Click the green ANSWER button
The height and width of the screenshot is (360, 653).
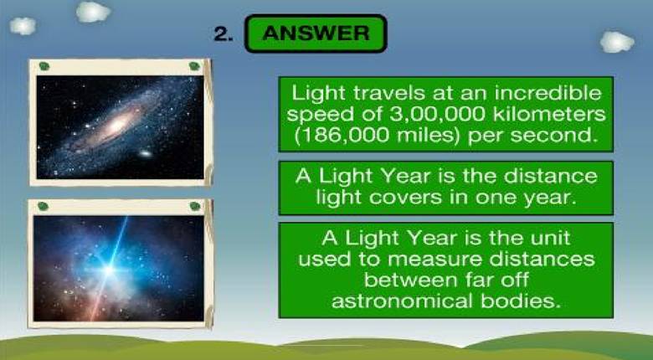click(x=316, y=33)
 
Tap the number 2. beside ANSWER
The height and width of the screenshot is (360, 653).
click(x=224, y=33)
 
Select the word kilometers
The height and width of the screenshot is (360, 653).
click(x=549, y=114)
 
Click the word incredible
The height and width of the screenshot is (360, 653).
click(x=548, y=92)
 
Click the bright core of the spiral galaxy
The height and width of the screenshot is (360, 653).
click(x=118, y=124)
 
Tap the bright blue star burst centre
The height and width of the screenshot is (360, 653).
click(x=110, y=270)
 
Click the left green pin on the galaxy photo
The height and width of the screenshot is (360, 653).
click(x=44, y=66)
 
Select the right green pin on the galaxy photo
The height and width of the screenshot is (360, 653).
click(x=194, y=66)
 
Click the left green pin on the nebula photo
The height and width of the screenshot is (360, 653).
click(x=43, y=206)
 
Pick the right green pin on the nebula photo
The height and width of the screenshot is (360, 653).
click(x=195, y=206)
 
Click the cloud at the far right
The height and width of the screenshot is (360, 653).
click(x=617, y=42)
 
